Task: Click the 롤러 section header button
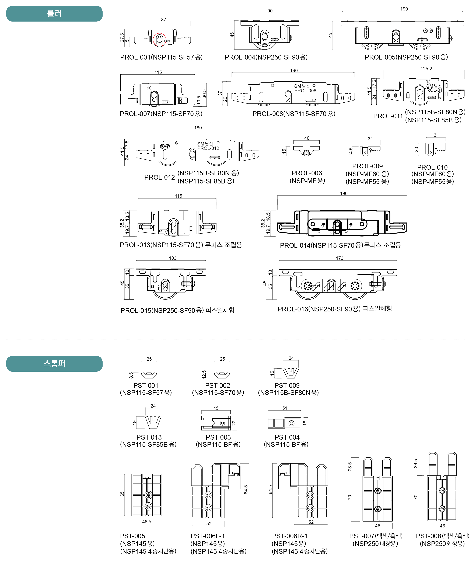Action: (x=54, y=14)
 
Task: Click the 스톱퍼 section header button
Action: (x=54, y=364)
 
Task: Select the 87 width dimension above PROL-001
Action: (x=163, y=20)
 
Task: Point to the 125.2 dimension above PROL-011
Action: (x=426, y=69)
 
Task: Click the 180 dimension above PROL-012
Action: (x=198, y=128)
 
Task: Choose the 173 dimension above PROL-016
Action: (x=339, y=258)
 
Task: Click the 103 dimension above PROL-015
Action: (x=173, y=258)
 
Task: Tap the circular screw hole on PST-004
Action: (x=292, y=423)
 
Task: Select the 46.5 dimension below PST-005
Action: (x=146, y=522)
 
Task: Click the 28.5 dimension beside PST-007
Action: (x=350, y=467)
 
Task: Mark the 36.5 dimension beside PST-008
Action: (x=416, y=463)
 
